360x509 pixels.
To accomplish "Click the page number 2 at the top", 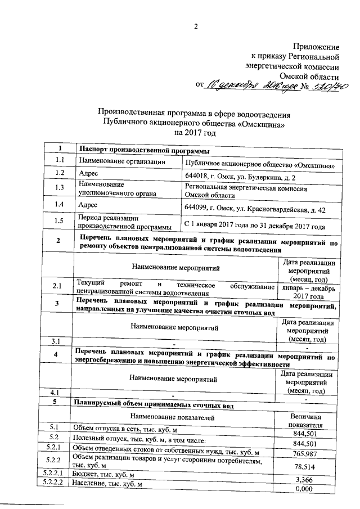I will click(x=197, y=26).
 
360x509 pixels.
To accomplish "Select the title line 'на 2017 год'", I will click(x=195, y=133).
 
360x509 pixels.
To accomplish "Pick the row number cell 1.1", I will click(x=60, y=161).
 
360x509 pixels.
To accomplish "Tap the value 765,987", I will click(x=308, y=453).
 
